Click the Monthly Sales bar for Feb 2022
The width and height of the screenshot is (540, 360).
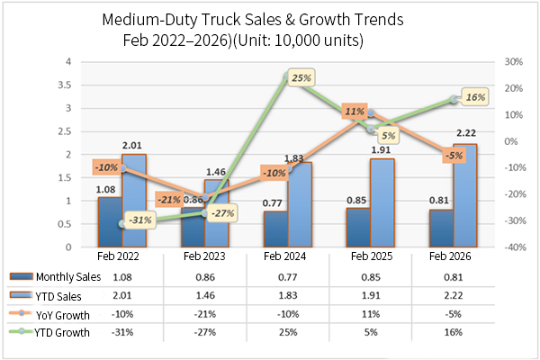[109, 221]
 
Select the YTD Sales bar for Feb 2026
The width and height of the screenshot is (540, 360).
[464, 195]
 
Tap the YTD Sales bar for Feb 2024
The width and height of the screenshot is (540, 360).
[299, 204]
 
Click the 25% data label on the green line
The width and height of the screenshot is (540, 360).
[301, 78]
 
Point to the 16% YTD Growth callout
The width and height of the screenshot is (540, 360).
[476, 96]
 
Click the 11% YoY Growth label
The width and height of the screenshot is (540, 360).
[354, 112]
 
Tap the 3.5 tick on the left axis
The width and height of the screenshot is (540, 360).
[68, 85]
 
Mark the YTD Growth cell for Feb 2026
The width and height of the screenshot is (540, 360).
[454, 332]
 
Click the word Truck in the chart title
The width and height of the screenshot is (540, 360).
[229, 20]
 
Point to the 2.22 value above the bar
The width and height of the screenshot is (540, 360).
[465, 134]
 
